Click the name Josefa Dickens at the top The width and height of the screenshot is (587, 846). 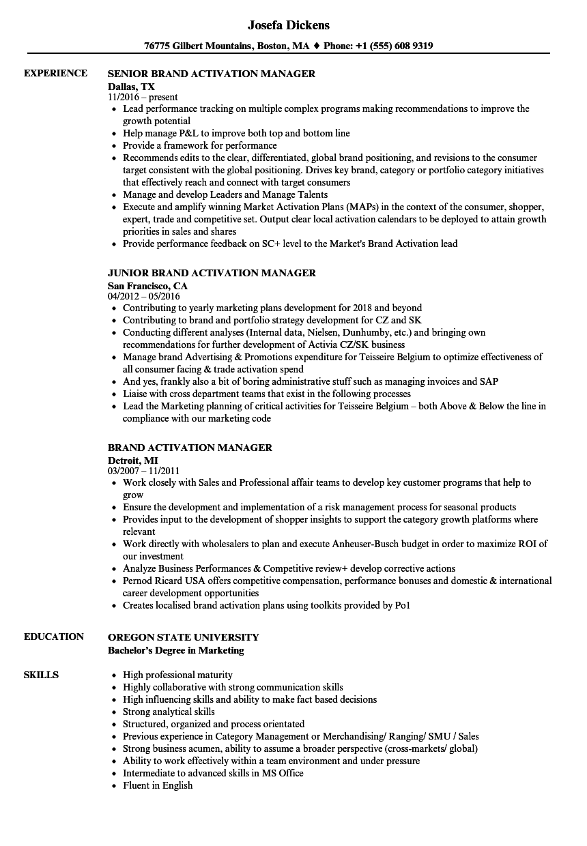click(288, 25)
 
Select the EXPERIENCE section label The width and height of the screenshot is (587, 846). click(55, 73)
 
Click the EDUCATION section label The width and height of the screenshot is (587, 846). click(54, 637)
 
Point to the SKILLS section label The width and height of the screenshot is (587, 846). click(41, 675)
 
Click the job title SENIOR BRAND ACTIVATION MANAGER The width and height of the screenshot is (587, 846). click(212, 74)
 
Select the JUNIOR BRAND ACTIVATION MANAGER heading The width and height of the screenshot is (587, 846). click(212, 273)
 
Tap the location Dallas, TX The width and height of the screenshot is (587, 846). click(131, 86)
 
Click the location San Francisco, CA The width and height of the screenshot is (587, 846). click(147, 285)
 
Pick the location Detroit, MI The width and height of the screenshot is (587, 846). click(132, 460)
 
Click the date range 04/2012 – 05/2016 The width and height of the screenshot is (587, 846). click(143, 296)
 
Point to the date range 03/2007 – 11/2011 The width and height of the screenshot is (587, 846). click(143, 471)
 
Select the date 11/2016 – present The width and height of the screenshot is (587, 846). click(143, 97)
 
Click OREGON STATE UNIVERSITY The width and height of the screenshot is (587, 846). click(184, 637)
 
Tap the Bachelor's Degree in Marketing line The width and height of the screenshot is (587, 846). click(175, 650)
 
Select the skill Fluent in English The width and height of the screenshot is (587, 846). click(158, 785)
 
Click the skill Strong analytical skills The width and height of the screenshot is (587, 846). click(169, 712)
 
